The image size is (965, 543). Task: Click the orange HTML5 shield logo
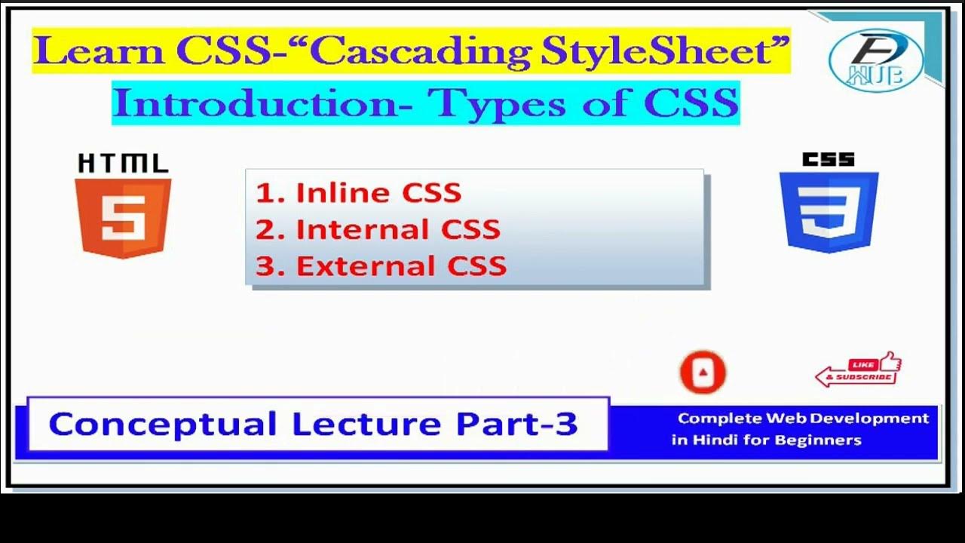pyautogui.click(x=123, y=217)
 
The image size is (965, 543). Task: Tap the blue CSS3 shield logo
pyautogui.click(x=829, y=212)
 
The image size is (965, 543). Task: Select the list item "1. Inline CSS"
pyautogui.click(x=358, y=193)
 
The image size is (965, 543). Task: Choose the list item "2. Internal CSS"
pyautogui.click(x=378, y=229)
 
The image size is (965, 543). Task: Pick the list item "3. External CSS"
pyautogui.click(x=381, y=266)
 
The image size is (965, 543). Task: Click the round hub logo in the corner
pyautogui.click(x=875, y=60)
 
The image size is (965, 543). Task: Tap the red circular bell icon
pyautogui.click(x=703, y=372)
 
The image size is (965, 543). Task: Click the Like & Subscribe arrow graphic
pyautogui.click(x=858, y=370)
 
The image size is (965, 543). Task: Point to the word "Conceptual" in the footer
pyautogui.click(x=162, y=425)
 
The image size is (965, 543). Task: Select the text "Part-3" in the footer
pyautogui.click(x=517, y=425)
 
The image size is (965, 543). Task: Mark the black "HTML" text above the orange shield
pyautogui.click(x=123, y=164)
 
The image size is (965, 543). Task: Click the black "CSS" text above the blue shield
pyautogui.click(x=829, y=160)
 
